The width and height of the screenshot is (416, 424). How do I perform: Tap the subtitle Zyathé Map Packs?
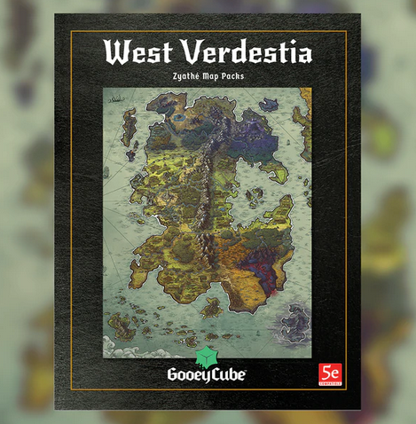click(x=208, y=76)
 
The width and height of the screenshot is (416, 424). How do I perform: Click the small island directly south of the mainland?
click(x=212, y=307)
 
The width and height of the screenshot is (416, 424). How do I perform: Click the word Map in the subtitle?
click(x=210, y=76)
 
